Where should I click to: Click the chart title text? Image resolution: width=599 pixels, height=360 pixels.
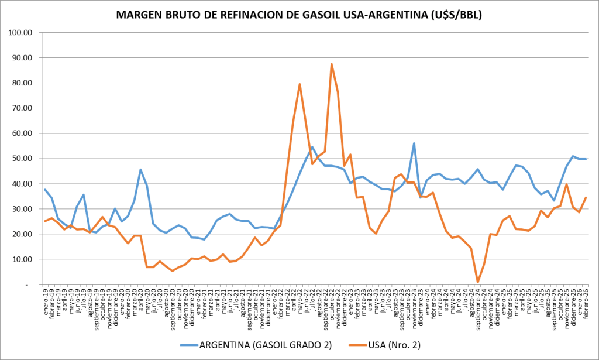(299, 15)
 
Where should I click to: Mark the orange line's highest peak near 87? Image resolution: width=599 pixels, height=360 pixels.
(332, 64)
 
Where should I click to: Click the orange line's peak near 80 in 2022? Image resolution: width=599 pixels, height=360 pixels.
(299, 84)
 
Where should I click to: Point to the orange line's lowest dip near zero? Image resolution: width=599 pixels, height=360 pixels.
(478, 282)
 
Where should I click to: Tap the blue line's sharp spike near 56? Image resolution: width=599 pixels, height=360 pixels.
(414, 143)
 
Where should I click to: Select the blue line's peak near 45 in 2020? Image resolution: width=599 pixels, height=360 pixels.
(140, 170)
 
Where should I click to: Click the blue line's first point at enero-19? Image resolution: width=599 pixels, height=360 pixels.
(46, 190)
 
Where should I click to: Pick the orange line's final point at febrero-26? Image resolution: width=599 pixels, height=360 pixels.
(586, 198)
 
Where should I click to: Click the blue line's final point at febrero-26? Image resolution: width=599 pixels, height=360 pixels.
(586, 159)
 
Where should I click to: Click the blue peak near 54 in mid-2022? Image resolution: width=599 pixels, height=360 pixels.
(312, 147)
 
